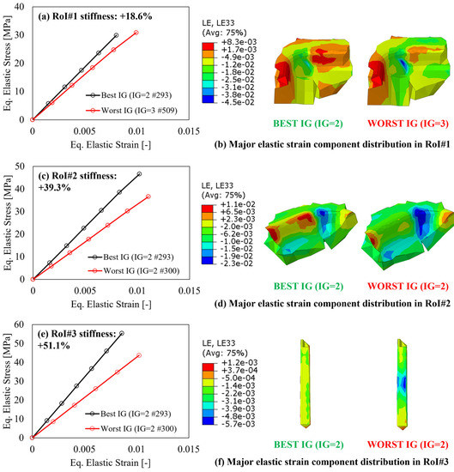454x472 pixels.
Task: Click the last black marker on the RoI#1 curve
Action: point(116,35)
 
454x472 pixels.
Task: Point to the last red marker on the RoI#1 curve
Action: point(136,33)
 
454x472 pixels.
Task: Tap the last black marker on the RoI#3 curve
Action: point(122,333)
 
